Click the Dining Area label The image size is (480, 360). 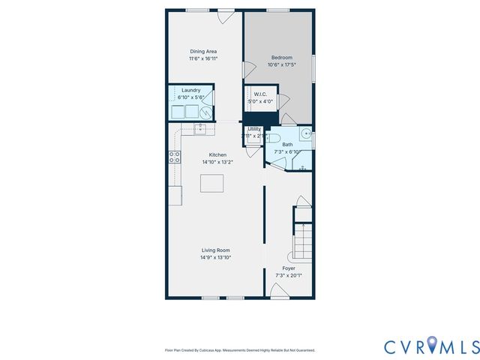203,51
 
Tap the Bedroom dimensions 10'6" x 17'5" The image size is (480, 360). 281,64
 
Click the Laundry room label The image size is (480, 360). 190,91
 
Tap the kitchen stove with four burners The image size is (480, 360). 174,157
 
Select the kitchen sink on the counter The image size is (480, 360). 200,129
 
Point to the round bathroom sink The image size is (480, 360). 305,134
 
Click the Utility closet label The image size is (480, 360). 254,129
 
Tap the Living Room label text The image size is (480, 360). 215,250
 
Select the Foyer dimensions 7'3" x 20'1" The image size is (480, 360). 289,275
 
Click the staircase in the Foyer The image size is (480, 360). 302,241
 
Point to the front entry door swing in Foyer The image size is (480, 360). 279,290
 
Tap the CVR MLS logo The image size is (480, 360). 431,346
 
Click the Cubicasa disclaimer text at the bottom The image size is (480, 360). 239,350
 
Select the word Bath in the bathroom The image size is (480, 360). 287,145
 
